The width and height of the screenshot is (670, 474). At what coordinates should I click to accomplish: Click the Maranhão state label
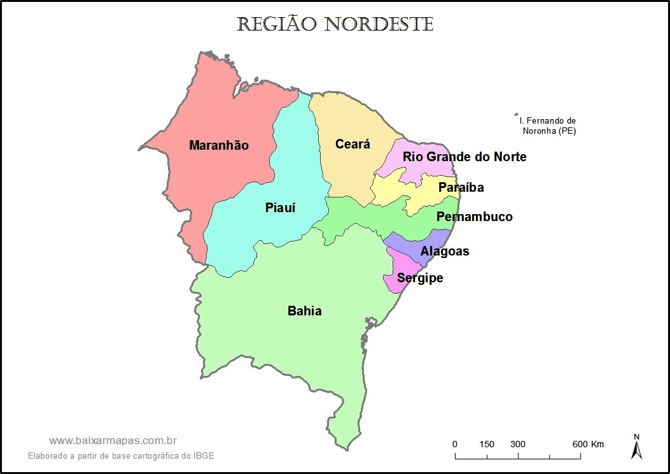(x=219, y=145)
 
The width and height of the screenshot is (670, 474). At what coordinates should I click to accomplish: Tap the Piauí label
(x=281, y=208)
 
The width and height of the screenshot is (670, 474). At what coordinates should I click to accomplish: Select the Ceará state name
(x=352, y=145)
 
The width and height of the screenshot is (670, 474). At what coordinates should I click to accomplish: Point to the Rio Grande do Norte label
(x=464, y=157)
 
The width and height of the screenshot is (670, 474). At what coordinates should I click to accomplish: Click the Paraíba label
(x=461, y=187)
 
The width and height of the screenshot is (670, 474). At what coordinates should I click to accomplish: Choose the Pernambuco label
(x=474, y=217)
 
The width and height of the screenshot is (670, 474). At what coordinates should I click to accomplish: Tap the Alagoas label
(x=445, y=251)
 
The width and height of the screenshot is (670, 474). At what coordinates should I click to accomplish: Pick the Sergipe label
(x=420, y=278)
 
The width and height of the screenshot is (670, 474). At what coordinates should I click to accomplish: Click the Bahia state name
(x=305, y=311)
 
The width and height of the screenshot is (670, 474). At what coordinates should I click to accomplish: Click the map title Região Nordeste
(x=335, y=25)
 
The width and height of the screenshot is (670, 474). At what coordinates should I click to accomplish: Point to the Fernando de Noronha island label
(x=548, y=126)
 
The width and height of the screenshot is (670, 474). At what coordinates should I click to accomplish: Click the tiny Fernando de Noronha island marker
(x=516, y=115)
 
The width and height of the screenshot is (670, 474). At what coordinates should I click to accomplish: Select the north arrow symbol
(x=636, y=447)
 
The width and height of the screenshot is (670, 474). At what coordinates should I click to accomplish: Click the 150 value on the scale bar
(x=487, y=444)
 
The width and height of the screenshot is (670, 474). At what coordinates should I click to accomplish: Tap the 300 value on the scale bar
(x=518, y=444)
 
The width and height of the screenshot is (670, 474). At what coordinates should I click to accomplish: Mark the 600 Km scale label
(x=588, y=444)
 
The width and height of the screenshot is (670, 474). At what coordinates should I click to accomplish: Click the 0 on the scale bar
(x=454, y=444)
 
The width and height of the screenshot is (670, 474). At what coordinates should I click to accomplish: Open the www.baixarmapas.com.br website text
(x=113, y=440)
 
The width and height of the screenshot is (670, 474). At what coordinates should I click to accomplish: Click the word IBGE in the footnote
(x=204, y=456)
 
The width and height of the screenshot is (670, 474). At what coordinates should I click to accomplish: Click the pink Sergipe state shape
(x=398, y=268)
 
